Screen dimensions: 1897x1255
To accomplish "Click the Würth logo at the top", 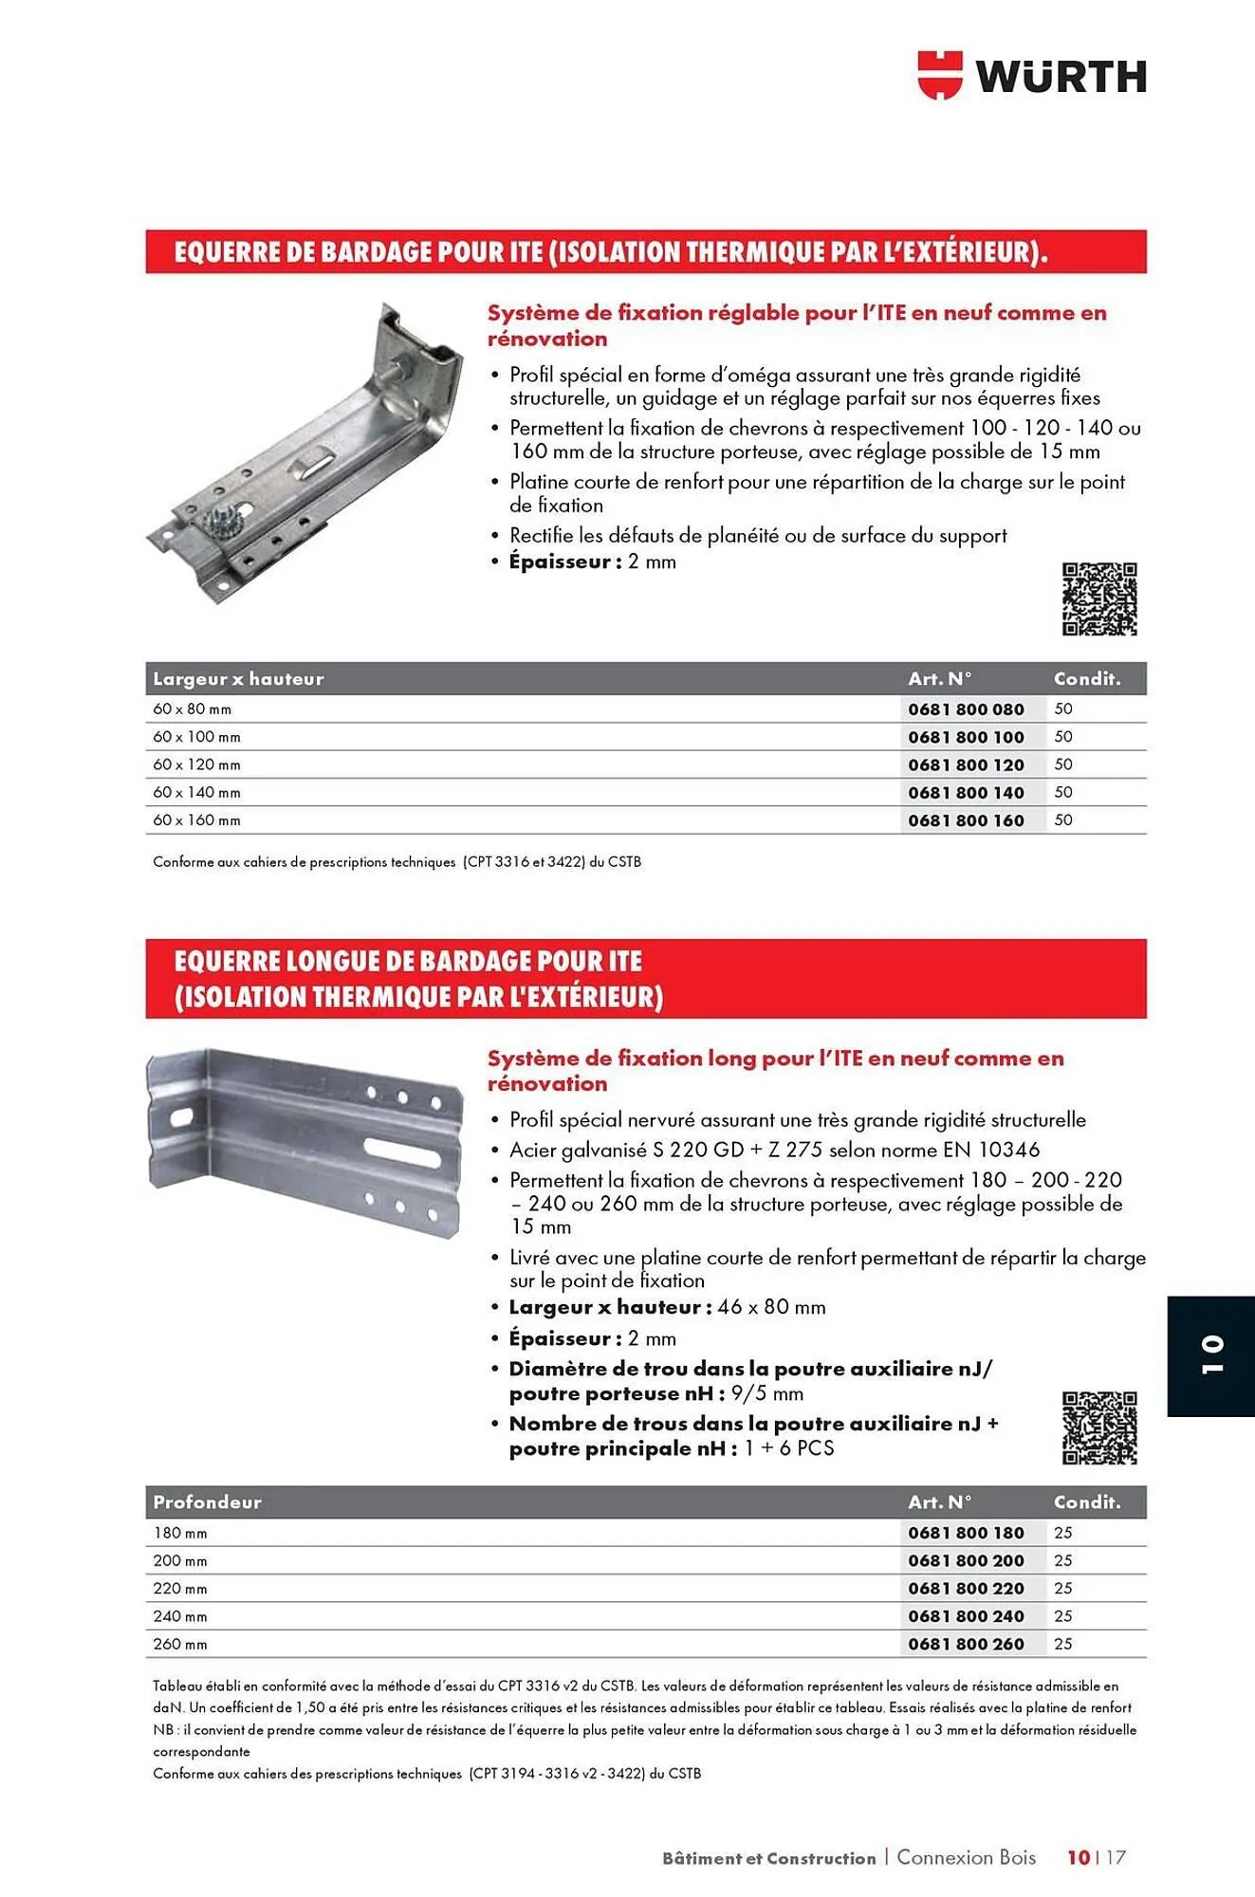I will click(x=1031, y=75).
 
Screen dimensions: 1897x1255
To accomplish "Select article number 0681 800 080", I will click(x=966, y=709).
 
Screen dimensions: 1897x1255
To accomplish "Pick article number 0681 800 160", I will click(x=966, y=820).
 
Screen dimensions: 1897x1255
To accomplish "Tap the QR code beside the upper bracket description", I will click(x=1098, y=599).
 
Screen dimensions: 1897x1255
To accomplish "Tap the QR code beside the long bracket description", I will click(x=1098, y=1427).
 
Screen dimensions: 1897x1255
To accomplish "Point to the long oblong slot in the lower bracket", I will click(x=403, y=1155).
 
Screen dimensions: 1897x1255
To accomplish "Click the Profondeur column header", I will click(x=207, y=1502).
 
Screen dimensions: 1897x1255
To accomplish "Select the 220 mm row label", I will click(x=180, y=1589).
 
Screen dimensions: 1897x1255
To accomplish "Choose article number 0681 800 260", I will click(x=966, y=1645).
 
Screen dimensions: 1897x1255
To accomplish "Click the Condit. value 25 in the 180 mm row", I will click(x=1062, y=1533).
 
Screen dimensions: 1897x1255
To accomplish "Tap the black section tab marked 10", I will click(x=1210, y=1355).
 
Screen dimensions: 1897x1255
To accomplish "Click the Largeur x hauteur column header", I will click(x=238, y=679).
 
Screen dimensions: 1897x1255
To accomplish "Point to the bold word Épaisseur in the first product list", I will click(x=560, y=562).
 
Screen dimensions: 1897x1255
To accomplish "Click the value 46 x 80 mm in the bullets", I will click(x=771, y=1307).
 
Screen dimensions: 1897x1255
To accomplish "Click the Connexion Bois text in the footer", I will click(x=966, y=1857).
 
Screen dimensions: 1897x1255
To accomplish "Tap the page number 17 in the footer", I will click(x=1115, y=1857).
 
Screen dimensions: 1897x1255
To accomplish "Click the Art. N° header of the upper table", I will click(x=939, y=679).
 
